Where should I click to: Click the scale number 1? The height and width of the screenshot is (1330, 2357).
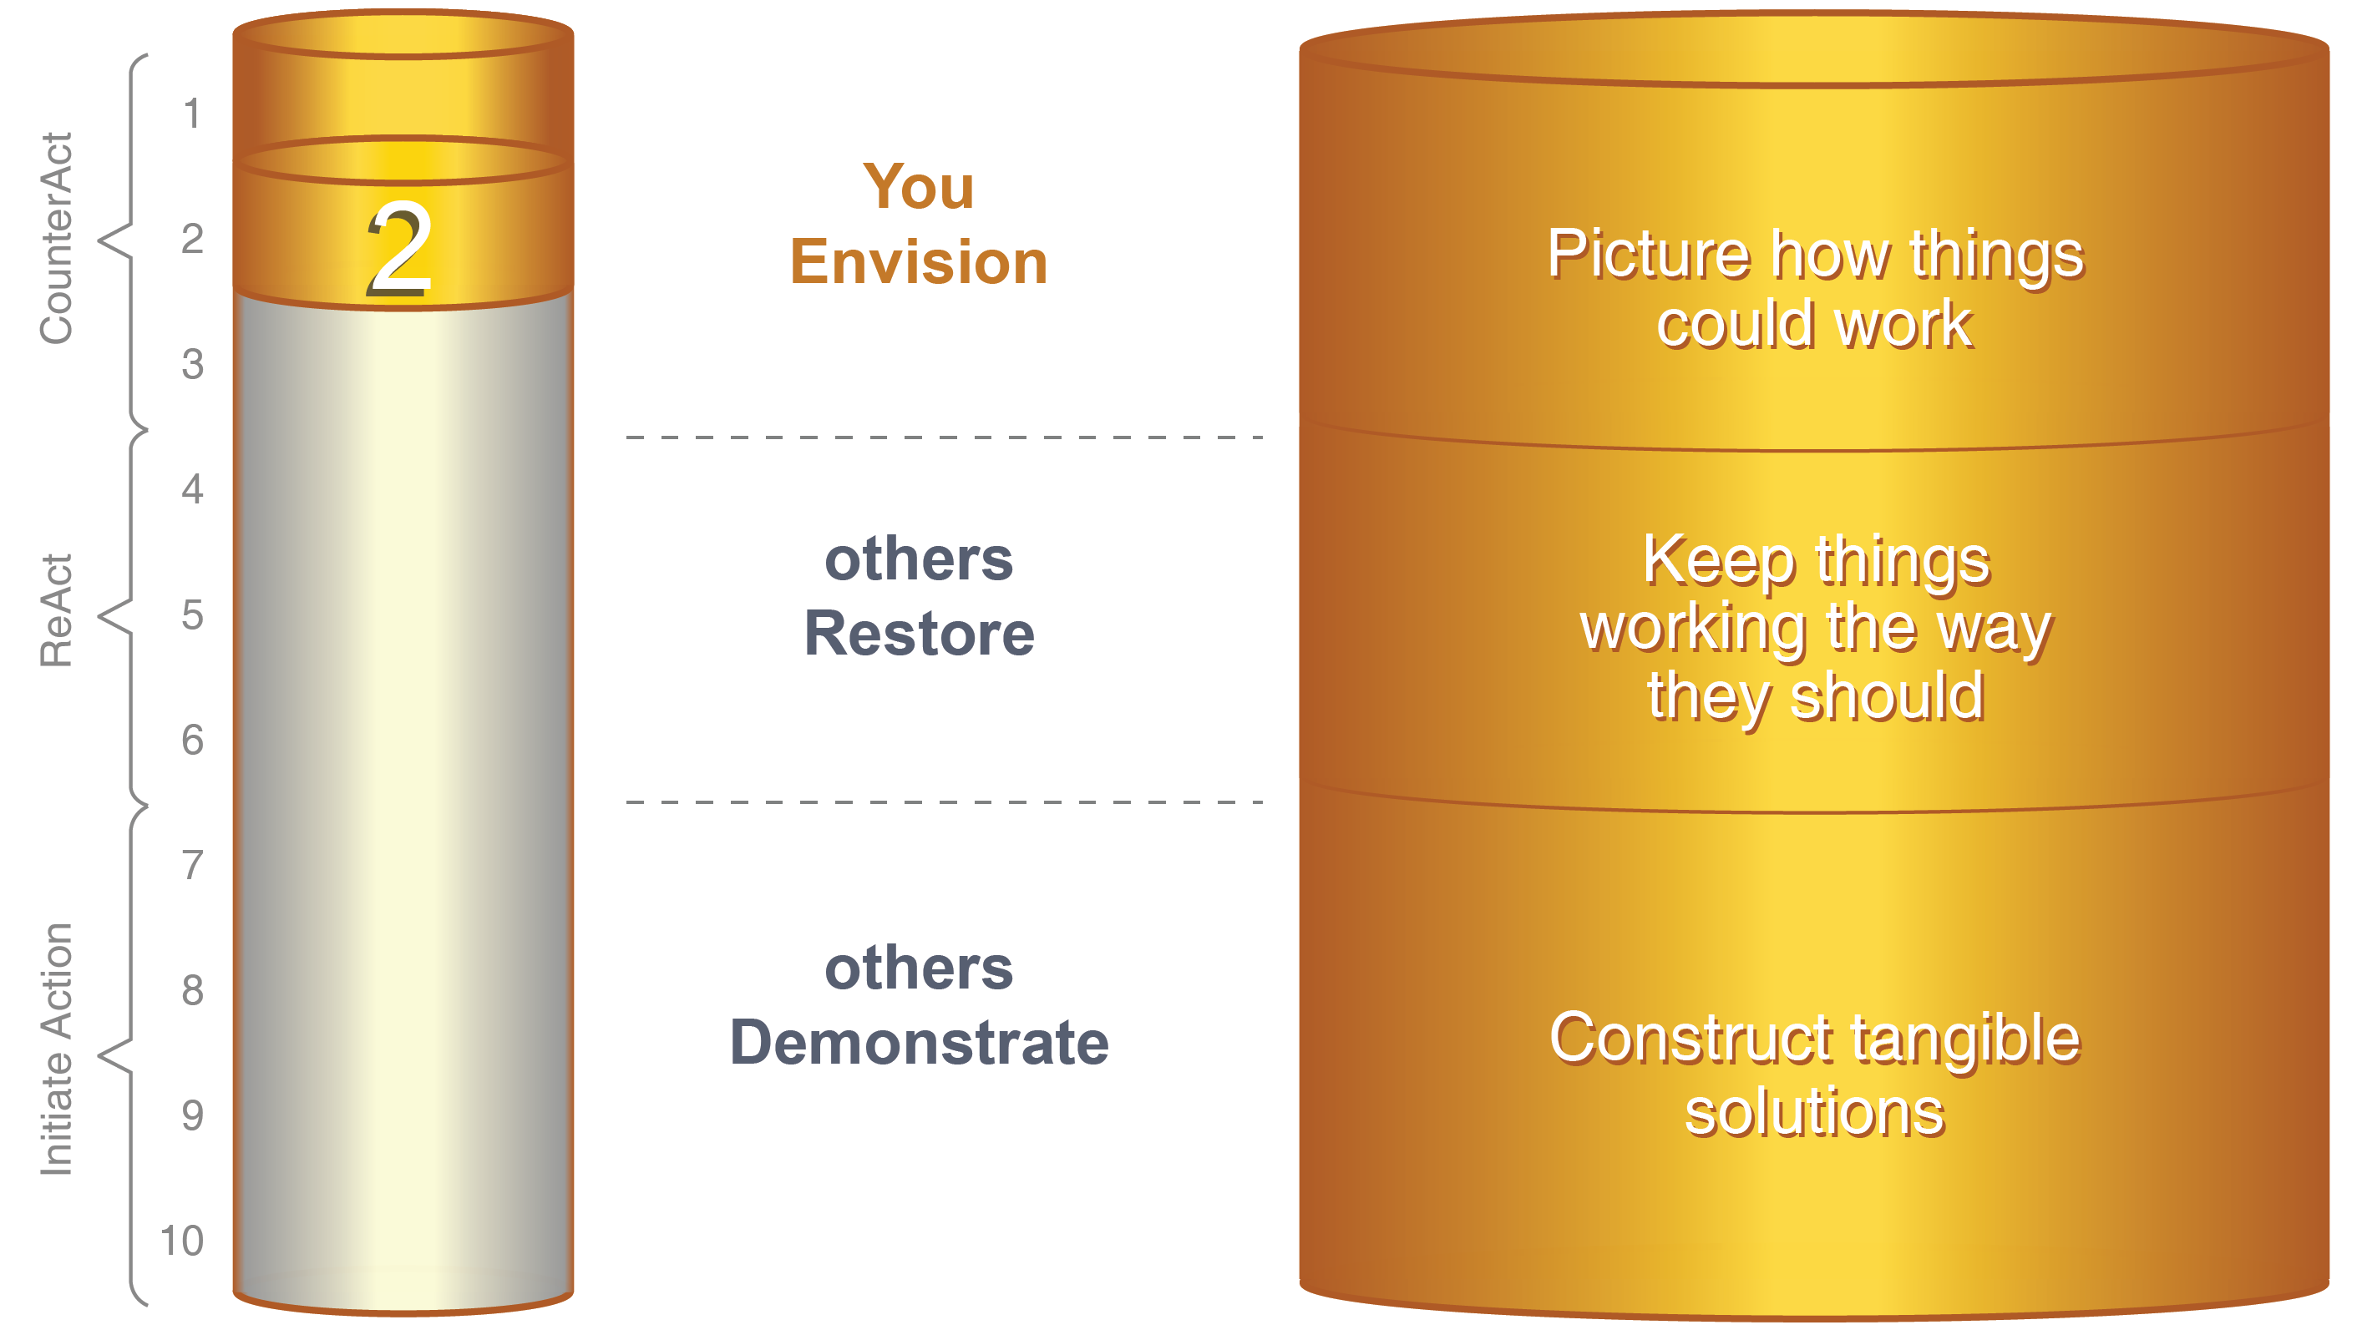191,114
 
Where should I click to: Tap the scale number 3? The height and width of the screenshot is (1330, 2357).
192,364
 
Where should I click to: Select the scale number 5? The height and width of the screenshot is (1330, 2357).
192,614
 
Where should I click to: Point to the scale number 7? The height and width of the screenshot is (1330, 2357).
192,865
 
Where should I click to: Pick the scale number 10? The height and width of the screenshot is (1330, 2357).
181,1242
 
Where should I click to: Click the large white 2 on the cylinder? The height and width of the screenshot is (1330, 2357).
400,249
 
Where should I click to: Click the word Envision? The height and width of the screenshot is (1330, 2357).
919,261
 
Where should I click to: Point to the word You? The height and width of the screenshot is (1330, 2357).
919,187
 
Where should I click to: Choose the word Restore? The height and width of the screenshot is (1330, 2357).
919,633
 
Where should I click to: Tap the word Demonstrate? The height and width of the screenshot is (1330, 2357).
919,1043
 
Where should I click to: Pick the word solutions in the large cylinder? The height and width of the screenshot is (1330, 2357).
1814,1112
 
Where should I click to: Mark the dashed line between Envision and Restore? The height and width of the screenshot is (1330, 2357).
945,437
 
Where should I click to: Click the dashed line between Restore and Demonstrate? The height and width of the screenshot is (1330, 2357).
945,802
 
